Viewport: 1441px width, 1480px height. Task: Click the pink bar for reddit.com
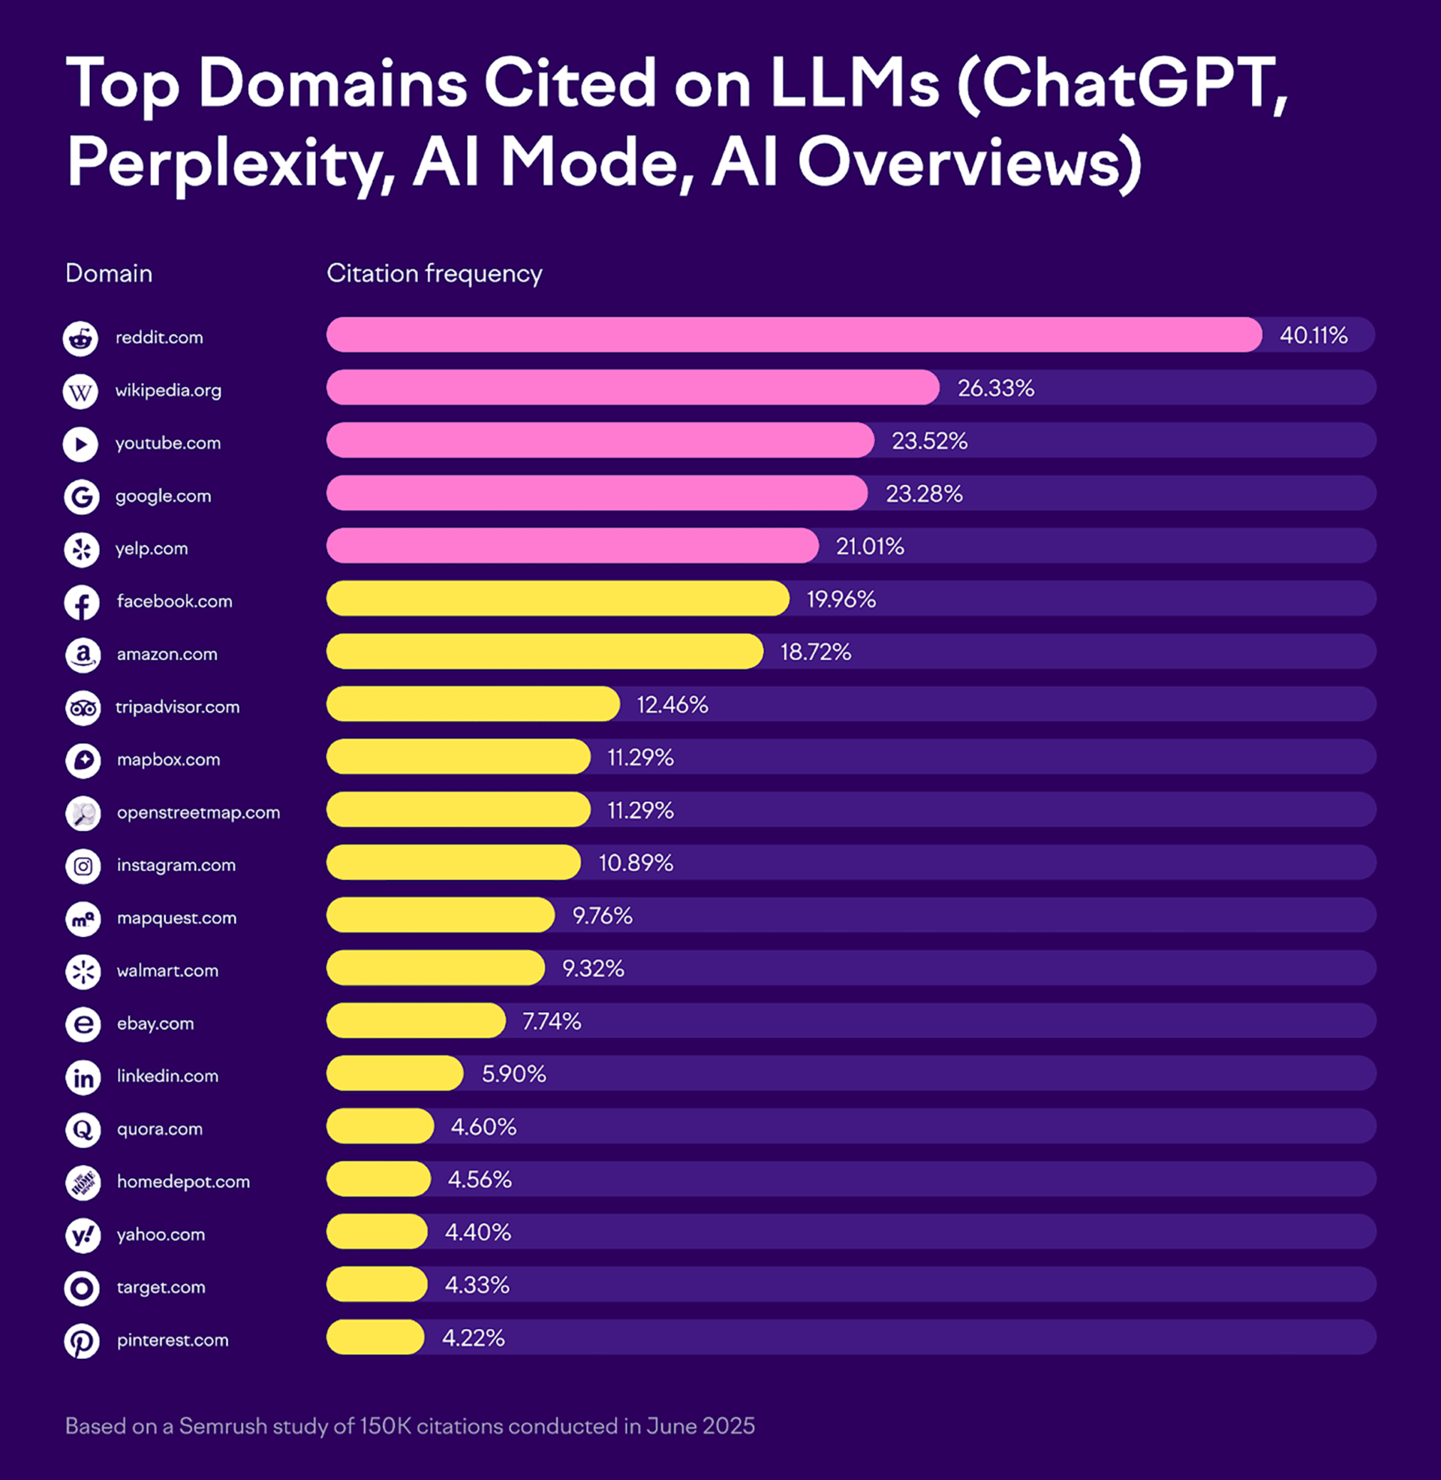[793, 335]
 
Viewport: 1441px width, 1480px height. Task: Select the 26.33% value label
[995, 387]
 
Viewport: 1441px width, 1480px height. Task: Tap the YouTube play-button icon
[80, 444]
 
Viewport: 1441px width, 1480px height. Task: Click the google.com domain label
[163, 496]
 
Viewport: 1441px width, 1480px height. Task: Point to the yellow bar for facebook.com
[557, 598]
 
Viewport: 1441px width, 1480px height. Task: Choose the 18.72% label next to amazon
[815, 652]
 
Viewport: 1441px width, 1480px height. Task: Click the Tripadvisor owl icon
[83, 708]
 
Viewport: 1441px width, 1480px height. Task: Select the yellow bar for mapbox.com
[458, 757]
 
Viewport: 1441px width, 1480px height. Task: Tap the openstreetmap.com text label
[198, 812]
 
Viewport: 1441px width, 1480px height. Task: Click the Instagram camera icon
[83, 865]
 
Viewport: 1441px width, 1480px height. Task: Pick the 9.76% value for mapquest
[602, 915]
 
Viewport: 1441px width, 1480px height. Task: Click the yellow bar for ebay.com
[416, 1020]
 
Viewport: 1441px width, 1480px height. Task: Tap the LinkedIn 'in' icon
[83, 1077]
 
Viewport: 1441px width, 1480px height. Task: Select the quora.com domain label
[160, 1129]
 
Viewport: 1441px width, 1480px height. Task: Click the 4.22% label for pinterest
[473, 1337]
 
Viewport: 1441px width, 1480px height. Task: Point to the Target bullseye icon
[82, 1287]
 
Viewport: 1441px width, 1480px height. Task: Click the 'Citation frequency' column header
[434, 273]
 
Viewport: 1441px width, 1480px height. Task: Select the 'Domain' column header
[109, 273]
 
